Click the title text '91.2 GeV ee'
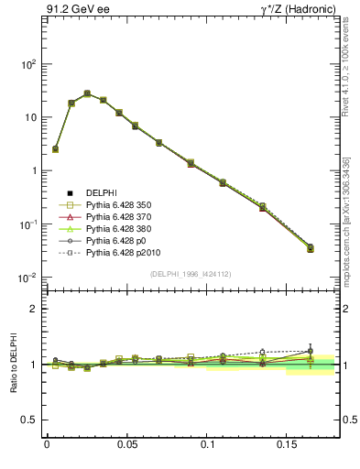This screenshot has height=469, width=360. pos(74,10)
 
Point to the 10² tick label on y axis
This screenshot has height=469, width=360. pos(27,64)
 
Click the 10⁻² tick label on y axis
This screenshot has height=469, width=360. pos(27,278)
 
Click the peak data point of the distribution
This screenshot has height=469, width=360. pos(87,93)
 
